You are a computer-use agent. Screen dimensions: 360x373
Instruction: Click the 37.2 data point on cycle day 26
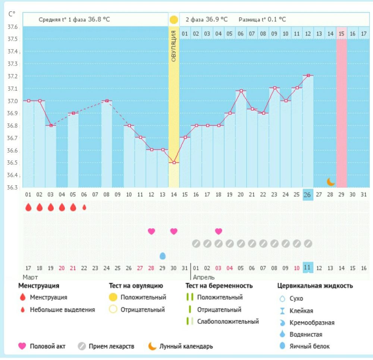point(308,75)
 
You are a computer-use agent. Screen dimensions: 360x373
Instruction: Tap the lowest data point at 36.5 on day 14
point(174,163)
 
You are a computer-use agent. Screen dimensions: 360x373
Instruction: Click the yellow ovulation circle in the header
point(174,20)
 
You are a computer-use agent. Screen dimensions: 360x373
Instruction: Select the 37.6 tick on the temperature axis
point(13,27)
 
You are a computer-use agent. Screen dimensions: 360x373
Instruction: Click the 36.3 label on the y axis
point(13,187)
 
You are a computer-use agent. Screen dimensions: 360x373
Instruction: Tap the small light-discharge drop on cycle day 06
point(84,207)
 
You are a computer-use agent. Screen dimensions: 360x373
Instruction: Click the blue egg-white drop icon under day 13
point(162,256)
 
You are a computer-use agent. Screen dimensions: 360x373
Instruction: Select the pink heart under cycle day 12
point(151,231)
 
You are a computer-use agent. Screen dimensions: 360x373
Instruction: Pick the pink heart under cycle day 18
point(219,231)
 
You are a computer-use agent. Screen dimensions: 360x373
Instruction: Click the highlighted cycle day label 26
point(308,194)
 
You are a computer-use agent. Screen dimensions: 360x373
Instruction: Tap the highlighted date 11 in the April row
point(308,267)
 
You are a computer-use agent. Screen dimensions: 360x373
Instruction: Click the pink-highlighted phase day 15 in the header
point(342,34)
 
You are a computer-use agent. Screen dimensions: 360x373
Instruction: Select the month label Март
point(30,277)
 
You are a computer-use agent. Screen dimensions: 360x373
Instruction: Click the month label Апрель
point(204,277)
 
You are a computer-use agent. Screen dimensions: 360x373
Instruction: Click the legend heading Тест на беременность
point(219,286)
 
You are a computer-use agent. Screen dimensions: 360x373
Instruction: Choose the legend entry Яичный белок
point(310,346)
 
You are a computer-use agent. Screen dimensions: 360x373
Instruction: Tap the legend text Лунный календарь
point(186,346)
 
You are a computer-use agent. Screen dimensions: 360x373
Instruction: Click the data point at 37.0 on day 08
point(107,101)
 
